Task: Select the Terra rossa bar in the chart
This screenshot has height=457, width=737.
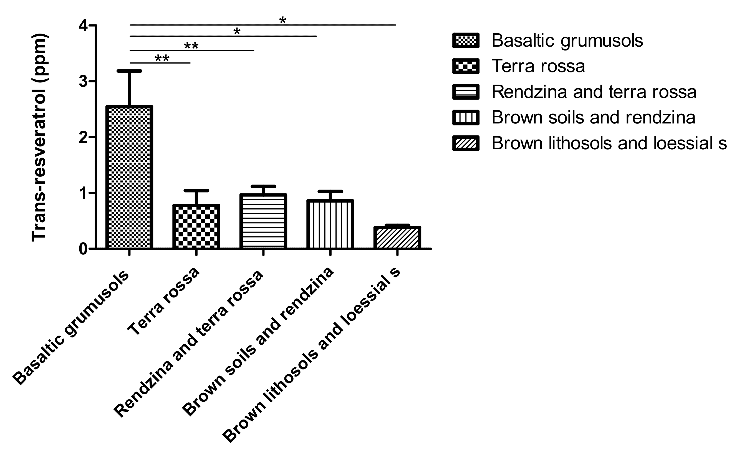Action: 196,227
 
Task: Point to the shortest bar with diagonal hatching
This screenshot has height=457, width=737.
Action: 397,238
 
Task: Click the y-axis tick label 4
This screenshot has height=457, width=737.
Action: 83,26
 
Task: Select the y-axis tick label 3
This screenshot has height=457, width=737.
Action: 83,81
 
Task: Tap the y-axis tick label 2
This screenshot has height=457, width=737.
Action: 83,137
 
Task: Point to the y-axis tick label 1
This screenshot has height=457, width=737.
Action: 83,193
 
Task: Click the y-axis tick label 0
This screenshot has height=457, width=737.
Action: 83,249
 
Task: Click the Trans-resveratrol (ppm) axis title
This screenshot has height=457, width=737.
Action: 39,138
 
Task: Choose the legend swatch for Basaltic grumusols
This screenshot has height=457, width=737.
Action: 466,41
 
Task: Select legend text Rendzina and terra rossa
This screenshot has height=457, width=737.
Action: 594,92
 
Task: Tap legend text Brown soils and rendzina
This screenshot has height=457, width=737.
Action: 593,118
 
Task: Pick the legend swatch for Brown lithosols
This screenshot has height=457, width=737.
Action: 466,143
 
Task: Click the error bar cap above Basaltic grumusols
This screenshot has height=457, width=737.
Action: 129,71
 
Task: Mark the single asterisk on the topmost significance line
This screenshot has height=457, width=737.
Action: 282,21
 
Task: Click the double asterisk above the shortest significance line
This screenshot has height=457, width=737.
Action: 162,58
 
